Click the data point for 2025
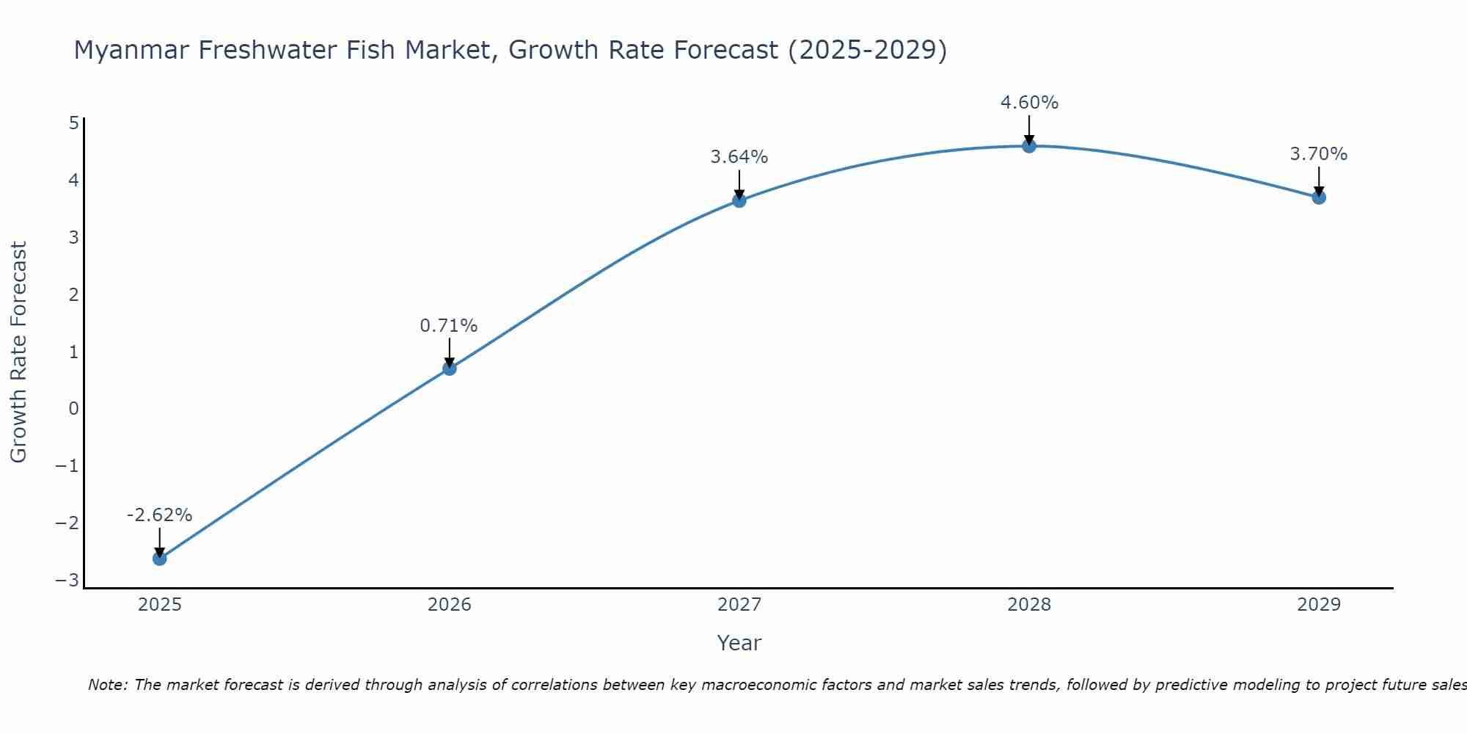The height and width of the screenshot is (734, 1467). pyautogui.click(x=159, y=559)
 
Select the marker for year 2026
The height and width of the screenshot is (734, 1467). pyautogui.click(x=450, y=368)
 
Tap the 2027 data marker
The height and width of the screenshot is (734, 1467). pyautogui.click(x=739, y=200)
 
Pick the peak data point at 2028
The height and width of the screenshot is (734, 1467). pyautogui.click(x=1029, y=146)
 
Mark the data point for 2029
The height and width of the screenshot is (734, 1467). pyautogui.click(x=1319, y=197)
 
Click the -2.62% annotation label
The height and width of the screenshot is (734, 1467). pyautogui.click(x=159, y=515)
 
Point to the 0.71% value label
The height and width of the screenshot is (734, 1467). pyautogui.click(x=449, y=326)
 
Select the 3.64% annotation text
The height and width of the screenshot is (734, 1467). pyautogui.click(x=739, y=157)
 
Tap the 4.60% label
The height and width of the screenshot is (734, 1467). pyautogui.click(x=1029, y=103)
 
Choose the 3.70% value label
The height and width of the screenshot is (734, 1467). pyautogui.click(x=1319, y=154)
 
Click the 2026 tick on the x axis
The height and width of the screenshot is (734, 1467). pyautogui.click(x=450, y=605)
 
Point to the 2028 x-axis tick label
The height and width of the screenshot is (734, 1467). pyautogui.click(x=1029, y=605)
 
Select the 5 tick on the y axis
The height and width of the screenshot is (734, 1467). pyautogui.click(x=73, y=123)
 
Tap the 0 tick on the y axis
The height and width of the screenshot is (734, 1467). pyautogui.click(x=73, y=409)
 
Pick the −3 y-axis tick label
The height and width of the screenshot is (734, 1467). pyautogui.click(x=67, y=581)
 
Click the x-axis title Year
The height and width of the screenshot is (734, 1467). pyautogui.click(x=739, y=643)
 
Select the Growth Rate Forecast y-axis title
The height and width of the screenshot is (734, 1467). pyautogui.click(x=18, y=352)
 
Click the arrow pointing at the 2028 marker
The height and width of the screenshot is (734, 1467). pyautogui.click(x=1029, y=129)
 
